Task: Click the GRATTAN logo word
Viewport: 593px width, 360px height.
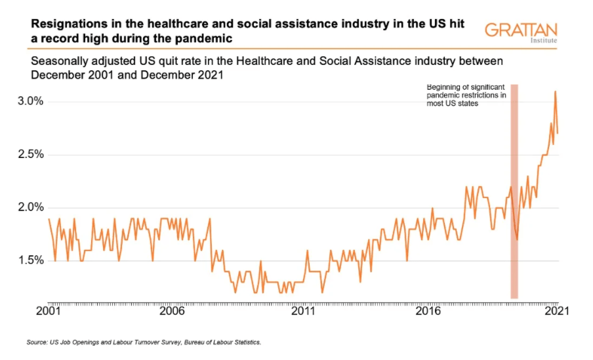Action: tap(521, 30)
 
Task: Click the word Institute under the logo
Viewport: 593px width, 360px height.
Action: tap(544, 41)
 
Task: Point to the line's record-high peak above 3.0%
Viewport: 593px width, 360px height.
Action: tap(555, 92)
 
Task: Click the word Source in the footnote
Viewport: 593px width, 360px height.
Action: tap(37, 342)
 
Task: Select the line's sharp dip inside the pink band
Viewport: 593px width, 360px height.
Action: tap(517, 239)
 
